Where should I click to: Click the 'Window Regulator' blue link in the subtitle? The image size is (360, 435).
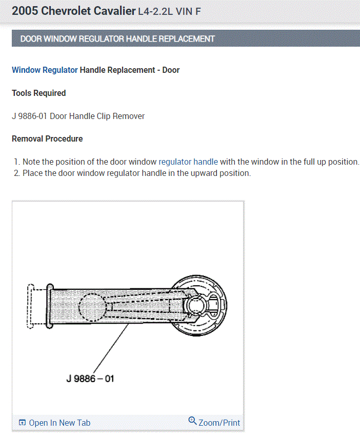45,70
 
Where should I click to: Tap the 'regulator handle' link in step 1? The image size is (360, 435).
188,162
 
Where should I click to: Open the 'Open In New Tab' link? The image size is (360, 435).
59,423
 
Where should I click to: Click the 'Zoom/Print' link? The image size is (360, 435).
219,423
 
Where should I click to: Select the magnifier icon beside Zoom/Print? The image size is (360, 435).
192,421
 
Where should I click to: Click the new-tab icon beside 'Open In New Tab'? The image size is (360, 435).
22,423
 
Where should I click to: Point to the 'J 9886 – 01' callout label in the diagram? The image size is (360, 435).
90,379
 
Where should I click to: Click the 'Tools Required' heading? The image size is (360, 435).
39,93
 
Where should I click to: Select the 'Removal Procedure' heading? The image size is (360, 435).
47,139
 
